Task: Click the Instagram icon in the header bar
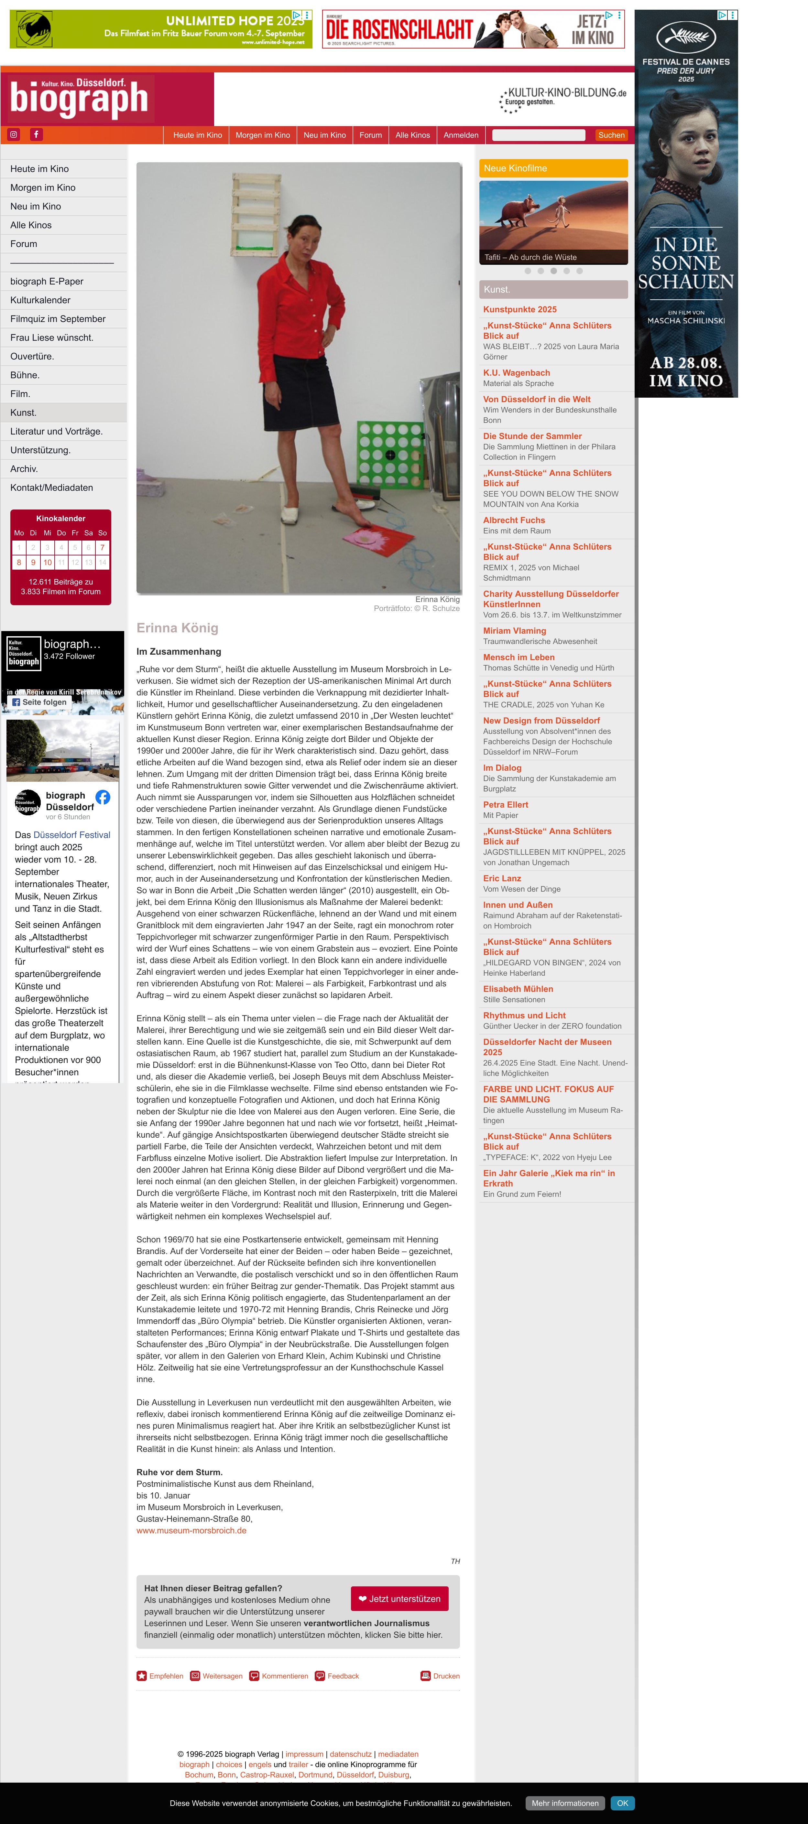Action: (14, 134)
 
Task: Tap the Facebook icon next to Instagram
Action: (36, 134)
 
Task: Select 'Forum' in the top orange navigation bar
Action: (370, 135)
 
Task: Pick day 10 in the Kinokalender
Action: (48, 562)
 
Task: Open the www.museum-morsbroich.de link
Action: (191, 1530)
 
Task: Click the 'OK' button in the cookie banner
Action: (622, 1803)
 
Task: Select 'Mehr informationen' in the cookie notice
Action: (565, 1803)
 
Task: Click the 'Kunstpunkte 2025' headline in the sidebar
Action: (520, 309)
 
